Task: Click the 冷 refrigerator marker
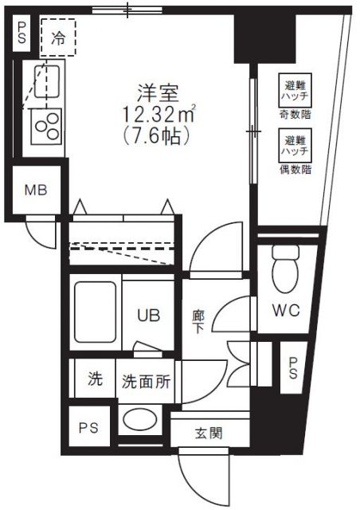click(x=58, y=36)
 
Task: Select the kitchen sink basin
click(x=49, y=81)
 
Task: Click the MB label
click(x=34, y=190)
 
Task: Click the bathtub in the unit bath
click(x=96, y=314)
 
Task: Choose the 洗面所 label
click(x=146, y=381)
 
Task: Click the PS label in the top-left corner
click(x=22, y=33)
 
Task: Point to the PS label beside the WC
click(x=293, y=367)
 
